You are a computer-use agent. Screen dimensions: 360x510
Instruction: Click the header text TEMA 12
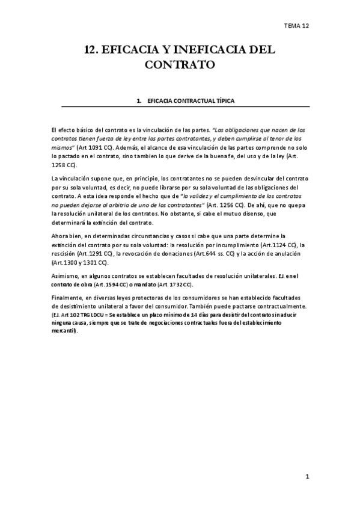297,26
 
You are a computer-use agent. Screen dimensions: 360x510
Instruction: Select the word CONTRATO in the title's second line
180,64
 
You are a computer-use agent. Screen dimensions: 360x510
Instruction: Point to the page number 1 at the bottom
307,478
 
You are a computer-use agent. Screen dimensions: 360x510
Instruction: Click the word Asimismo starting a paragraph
64,275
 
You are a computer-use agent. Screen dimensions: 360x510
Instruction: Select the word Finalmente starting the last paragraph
67,298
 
